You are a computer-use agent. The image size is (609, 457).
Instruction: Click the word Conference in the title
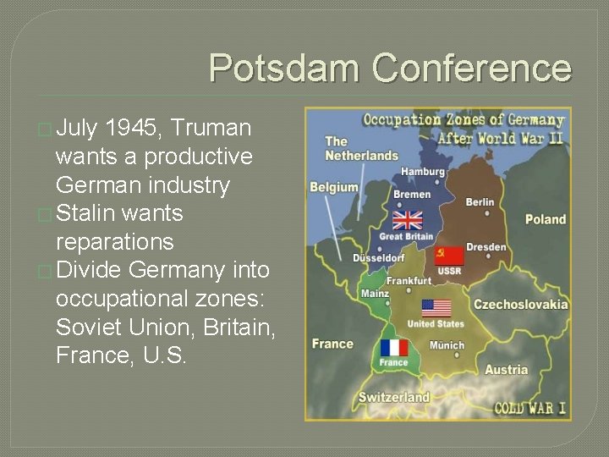point(471,68)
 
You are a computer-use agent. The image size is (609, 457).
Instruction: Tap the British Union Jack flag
point(408,221)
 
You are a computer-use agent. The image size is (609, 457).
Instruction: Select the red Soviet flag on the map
point(449,256)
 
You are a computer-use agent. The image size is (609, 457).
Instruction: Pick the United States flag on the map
point(436,309)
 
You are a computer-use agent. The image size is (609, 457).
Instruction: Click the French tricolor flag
point(393,347)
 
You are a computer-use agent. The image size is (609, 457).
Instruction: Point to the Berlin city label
point(480,202)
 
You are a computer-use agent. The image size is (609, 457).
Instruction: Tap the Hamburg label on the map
point(423,172)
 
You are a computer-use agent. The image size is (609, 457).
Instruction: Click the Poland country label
point(545,219)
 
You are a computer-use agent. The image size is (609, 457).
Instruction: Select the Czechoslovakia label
point(520,305)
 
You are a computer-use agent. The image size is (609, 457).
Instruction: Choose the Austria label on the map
point(506,370)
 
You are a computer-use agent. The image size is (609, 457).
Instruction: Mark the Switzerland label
point(393,397)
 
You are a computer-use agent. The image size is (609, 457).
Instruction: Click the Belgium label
point(333,187)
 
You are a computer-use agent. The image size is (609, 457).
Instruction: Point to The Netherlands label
point(361,149)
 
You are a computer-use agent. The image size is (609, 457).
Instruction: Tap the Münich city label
point(447,345)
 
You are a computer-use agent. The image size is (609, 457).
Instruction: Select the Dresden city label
point(486,247)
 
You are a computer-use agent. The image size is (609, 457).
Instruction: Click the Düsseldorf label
point(378,257)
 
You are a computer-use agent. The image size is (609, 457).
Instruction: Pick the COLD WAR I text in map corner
point(530,409)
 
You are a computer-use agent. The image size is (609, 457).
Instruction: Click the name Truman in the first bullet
point(210,129)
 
